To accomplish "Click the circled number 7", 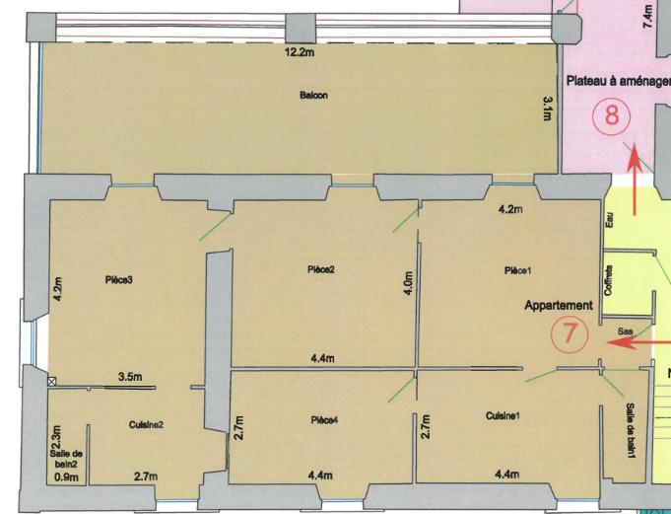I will pyautogui.click(x=570, y=334).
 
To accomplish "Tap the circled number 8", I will pyautogui.click(x=611, y=115).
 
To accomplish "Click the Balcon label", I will pyautogui.click(x=313, y=96).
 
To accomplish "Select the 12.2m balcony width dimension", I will pyautogui.click(x=299, y=51).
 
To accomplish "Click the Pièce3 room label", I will pyautogui.click(x=118, y=280).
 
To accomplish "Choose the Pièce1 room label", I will pyautogui.click(x=517, y=270).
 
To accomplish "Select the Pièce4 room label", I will pyautogui.click(x=322, y=420).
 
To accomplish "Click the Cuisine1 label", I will pyautogui.click(x=503, y=416).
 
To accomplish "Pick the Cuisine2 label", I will pyautogui.click(x=145, y=425).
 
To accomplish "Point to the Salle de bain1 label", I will pyautogui.click(x=631, y=430).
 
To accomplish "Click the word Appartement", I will pyautogui.click(x=558, y=306).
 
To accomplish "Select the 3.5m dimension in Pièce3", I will pyautogui.click(x=130, y=376).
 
